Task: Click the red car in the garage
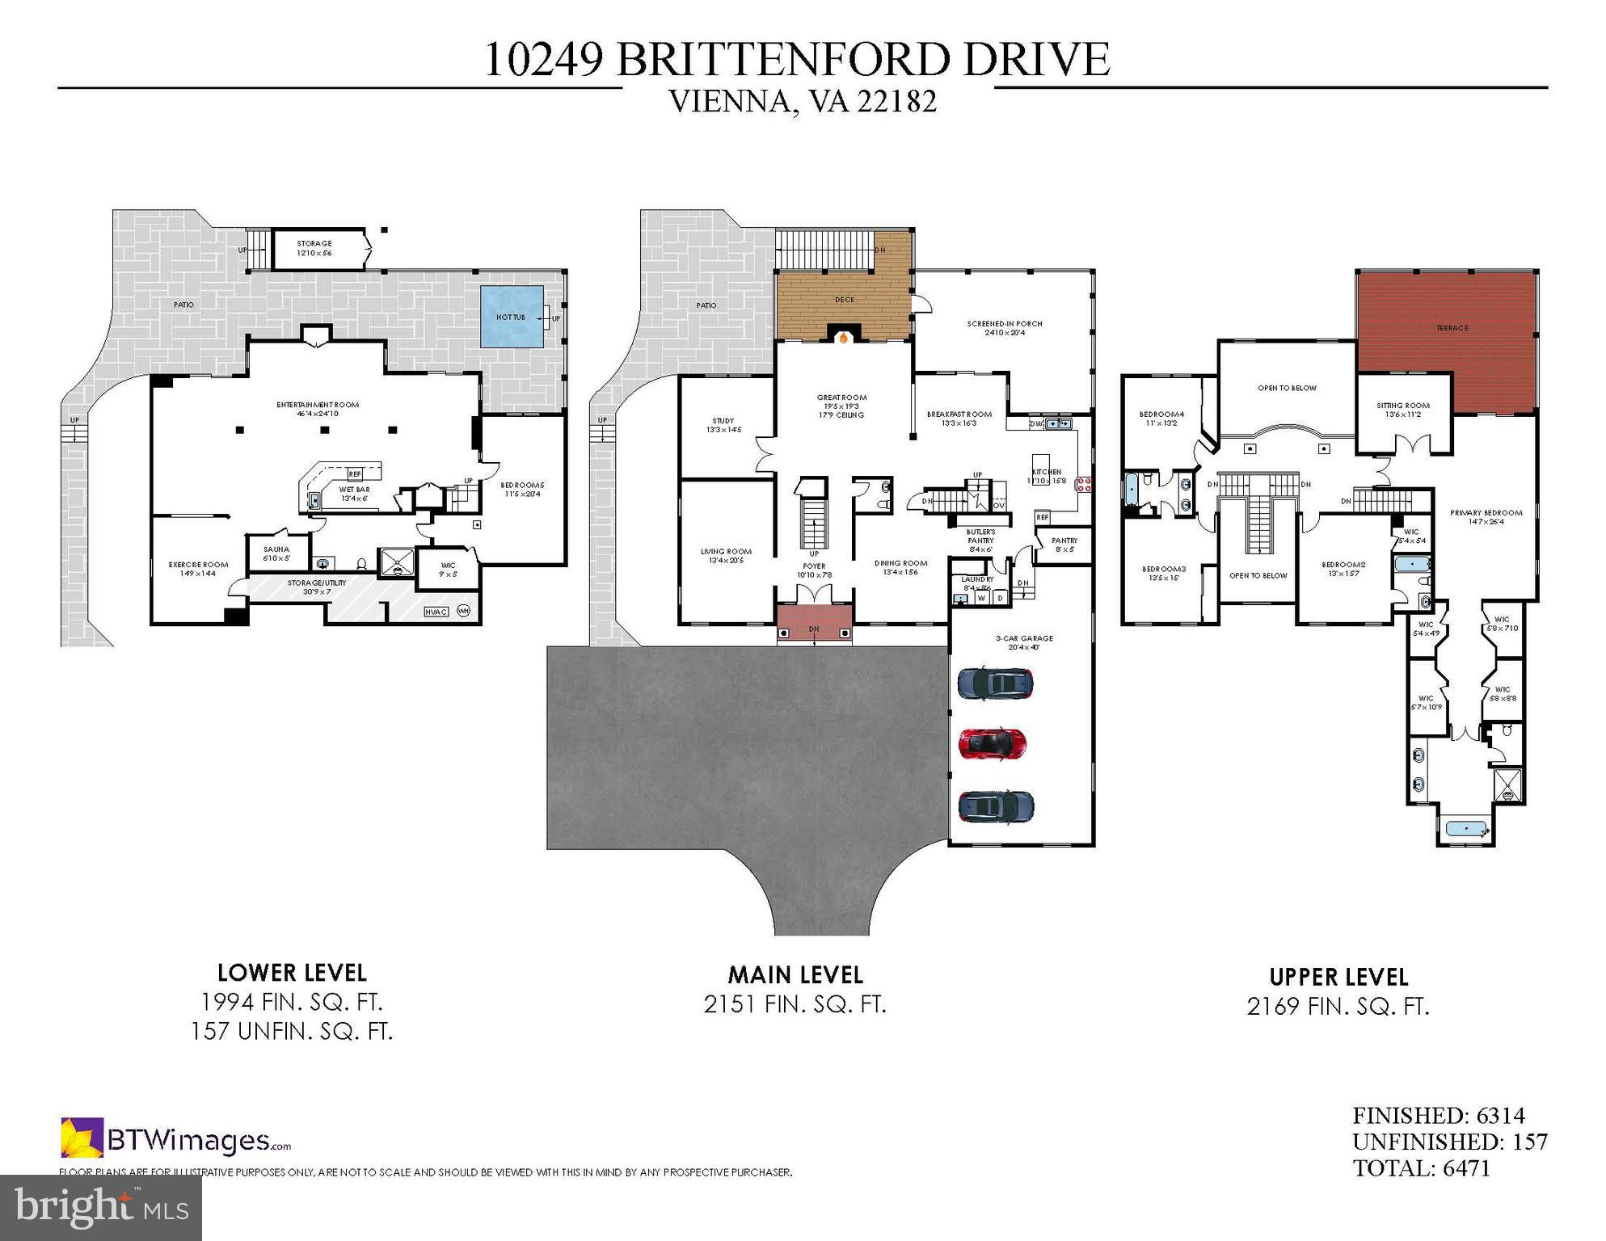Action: point(992,743)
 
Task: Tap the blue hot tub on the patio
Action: point(512,317)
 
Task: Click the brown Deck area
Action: point(844,300)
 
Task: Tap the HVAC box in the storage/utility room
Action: point(436,612)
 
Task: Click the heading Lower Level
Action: point(292,973)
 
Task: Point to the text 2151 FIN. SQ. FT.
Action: point(795,1004)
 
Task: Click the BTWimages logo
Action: point(175,1140)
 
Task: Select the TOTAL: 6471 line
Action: point(1421,1168)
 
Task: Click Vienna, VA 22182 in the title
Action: point(803,102)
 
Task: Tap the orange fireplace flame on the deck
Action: point(844,339)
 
